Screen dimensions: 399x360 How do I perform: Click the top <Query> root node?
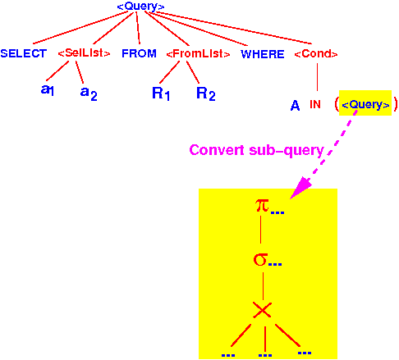tap(140, 7)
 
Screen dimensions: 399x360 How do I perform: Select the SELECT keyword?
tap(24, 53)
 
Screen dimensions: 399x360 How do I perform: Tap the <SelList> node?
tap(84, 52)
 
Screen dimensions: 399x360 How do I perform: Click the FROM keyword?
tap(139, 53)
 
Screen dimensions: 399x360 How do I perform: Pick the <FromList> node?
tap(198, 53)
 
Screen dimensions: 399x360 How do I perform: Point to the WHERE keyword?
tap(263, 54)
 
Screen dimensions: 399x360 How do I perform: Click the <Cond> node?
tap(316, 53)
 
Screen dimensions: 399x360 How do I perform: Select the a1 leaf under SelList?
tap(48, 89)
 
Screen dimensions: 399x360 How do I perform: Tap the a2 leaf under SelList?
tap(89, 93)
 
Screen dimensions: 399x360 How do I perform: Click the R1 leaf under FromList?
tap(161, 93)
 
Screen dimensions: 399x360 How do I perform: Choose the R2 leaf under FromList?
tap(206, 93)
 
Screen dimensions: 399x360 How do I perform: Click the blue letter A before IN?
tap(295, 106)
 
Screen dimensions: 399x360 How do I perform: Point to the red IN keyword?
tap(315, 104)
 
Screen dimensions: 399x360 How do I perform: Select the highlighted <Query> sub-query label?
tap(365, 105)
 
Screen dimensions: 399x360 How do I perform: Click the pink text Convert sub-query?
tap(256, 150)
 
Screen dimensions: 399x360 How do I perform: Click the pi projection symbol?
tap(262, 206)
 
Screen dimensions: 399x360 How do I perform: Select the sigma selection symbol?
tap(260, 259)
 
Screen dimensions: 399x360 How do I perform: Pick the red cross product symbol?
tap(262, 310)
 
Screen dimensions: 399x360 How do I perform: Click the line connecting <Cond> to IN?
tap(317, 77)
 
